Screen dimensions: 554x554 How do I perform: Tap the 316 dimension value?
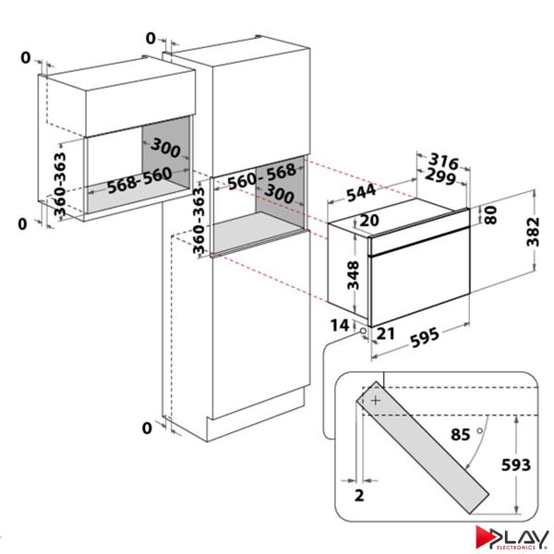(443, 162)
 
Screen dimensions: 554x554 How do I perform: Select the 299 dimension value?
(440, 176)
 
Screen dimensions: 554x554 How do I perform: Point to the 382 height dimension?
(533, 232)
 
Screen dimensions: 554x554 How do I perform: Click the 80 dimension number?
(490, 215)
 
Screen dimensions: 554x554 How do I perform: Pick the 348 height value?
(353, 275)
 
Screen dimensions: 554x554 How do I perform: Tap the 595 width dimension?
(425, 337)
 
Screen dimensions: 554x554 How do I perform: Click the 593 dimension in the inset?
(516, 465)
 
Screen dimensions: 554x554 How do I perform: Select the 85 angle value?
(461, 435)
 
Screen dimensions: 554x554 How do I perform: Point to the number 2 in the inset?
(359, 495)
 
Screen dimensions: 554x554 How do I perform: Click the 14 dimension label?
(340, 325)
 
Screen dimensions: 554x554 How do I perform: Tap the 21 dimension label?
(385, 333)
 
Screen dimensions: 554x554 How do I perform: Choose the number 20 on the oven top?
(369, 221)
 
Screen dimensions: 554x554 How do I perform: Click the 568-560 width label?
(139, 181)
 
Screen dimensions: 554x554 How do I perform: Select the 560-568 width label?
(262, 176)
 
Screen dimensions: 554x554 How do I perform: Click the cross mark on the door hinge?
(376, 401)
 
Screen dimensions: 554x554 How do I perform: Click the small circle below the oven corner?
(363, 331)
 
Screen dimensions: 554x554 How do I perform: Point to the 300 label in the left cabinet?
(165, 148)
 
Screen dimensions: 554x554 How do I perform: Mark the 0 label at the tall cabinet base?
(147, 428)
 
